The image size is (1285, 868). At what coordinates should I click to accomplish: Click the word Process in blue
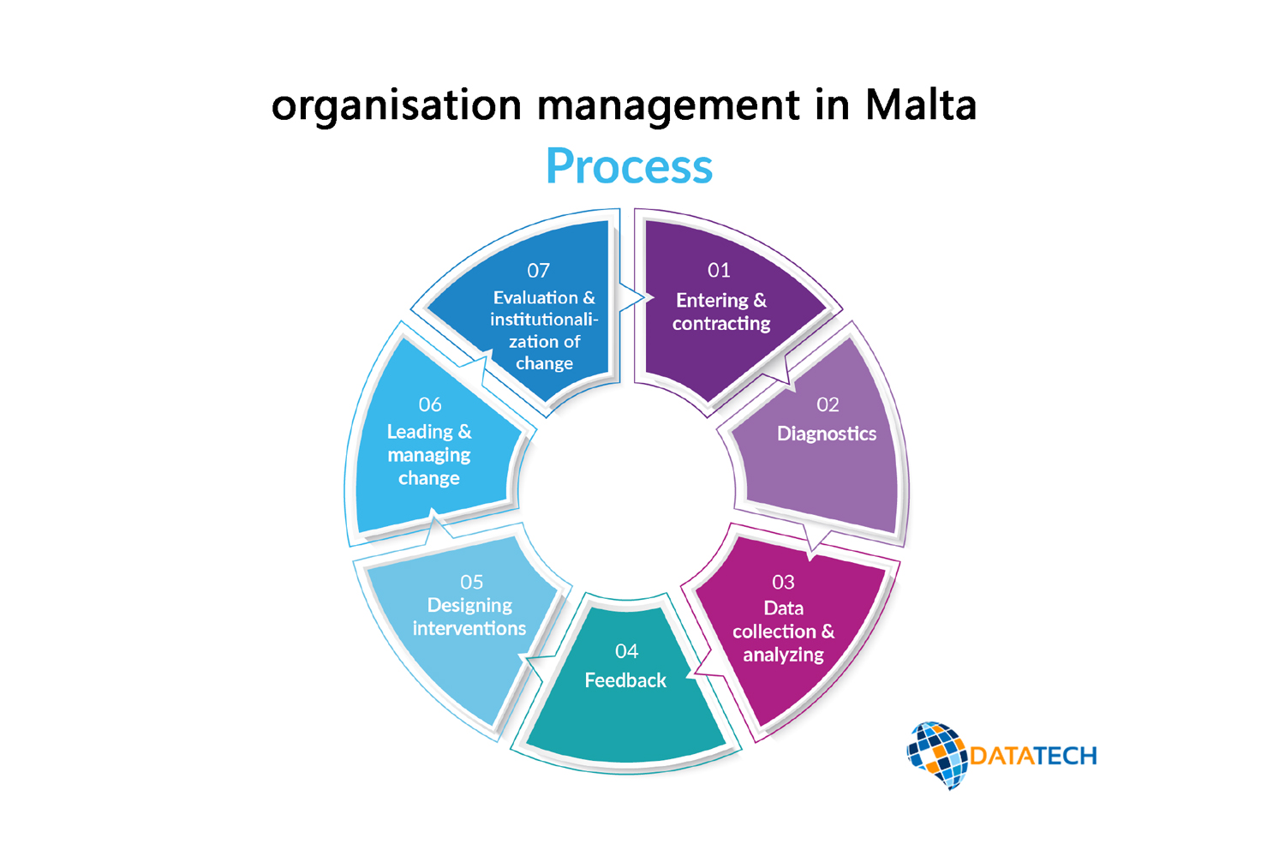point(629,166)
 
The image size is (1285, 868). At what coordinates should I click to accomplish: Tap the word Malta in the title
point(921,105)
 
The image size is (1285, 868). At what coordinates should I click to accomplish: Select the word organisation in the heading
point(396,105)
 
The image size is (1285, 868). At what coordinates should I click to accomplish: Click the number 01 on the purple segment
point(719,271)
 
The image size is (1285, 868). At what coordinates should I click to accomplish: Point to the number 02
point(828,404)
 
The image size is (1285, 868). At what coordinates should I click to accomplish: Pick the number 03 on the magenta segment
point(783,583)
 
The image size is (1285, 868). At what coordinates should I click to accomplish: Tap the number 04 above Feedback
point(626,652)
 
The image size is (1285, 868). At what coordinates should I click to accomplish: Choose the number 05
point(471,583)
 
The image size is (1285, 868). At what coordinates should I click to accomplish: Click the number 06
point(430,404)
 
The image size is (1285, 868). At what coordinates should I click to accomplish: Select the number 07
point(538,271)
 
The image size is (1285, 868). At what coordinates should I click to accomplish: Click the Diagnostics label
point(827,434)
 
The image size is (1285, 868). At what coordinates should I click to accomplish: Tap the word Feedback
point(625,680)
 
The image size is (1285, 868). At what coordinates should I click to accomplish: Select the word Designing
point(469,606)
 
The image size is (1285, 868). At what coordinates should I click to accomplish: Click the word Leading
point(420,432)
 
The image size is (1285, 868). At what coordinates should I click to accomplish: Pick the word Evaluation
point(535,298)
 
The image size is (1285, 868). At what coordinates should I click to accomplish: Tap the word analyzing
point(783,655)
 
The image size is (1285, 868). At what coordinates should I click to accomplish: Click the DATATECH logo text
point(1033,756)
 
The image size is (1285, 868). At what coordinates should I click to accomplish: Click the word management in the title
point(669,105)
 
